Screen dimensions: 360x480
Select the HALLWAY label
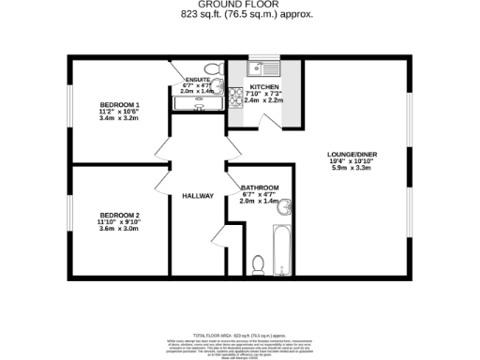click(x=198, y=196)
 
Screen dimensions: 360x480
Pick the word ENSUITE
click(x=198, y=79)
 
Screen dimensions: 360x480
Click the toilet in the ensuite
click(x=211, y=67)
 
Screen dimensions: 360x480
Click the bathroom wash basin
click(x=290, y=207)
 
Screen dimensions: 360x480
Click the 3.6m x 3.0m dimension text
click(x=120, y=229)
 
